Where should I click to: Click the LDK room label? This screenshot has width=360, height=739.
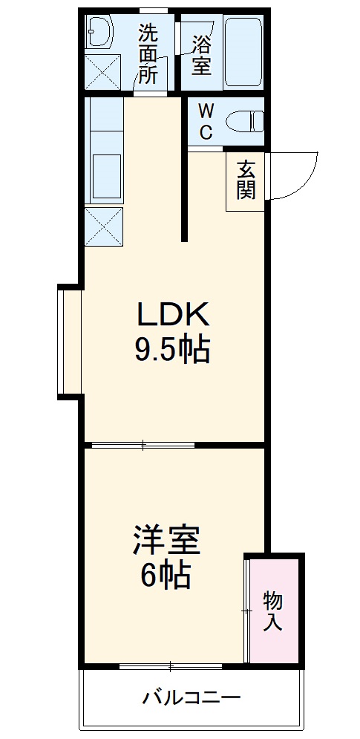pos(173,316)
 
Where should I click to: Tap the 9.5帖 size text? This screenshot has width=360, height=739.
pos(172,348)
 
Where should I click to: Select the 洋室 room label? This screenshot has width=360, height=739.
pos(166,541)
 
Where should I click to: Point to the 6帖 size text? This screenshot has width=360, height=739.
pos(166,573)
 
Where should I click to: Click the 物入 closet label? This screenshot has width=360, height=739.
pos(273,611)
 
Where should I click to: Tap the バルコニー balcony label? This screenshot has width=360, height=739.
pos(192,698)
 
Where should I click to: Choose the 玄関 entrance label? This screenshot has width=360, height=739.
pos(246,180)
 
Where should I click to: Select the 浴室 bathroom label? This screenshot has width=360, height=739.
pos(201,54)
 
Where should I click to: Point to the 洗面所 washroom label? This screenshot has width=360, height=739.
pos(148,54)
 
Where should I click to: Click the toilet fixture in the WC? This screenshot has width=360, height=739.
pos(244,120)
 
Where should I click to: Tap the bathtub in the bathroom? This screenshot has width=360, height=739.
pos(243,52)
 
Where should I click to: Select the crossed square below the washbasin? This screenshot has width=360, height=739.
pos(101,71)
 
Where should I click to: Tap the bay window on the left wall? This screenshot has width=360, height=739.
pos(70,341)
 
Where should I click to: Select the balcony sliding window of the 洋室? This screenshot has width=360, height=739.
pos(171,665)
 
